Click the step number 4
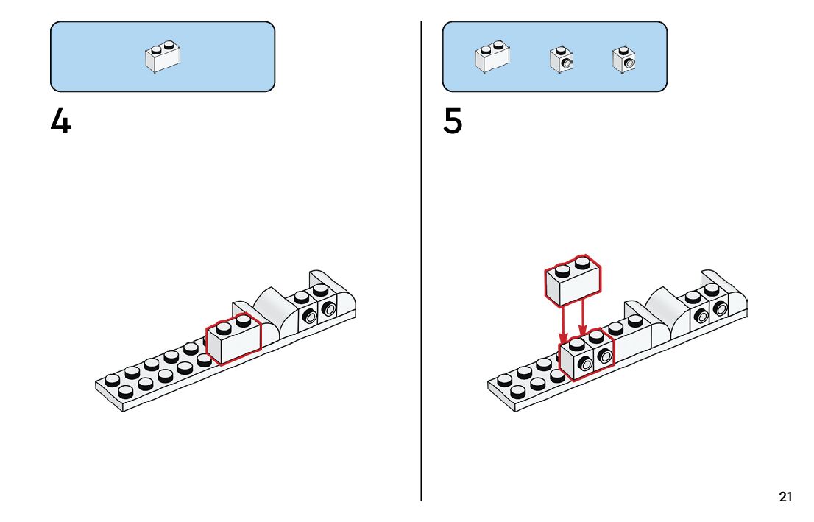(60, 121)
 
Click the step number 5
(453, 121)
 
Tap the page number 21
(785, 498)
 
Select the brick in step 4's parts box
(163, 57)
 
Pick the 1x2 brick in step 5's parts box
(492, 57)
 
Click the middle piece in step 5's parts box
(561, 60)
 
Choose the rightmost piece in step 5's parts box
(623, 60)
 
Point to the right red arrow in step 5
(583, 322)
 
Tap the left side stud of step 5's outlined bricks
(586, 362)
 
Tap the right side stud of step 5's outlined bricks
(604, 357)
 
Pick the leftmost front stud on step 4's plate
(126, 392)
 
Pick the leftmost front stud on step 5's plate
(518, 392)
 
